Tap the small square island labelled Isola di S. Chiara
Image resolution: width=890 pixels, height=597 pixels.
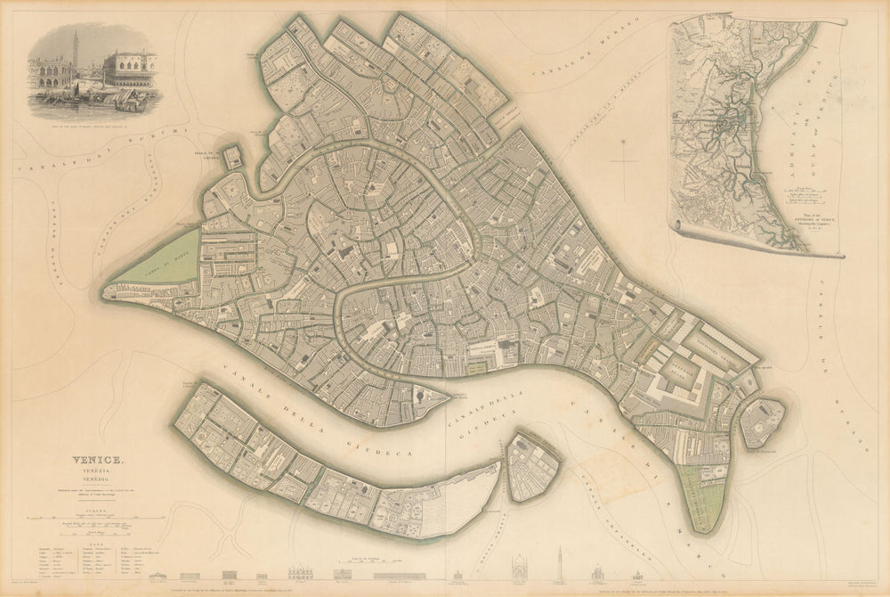click(x=231, y=158)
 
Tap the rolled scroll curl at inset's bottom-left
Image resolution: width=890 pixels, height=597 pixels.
click(x=681, y=229)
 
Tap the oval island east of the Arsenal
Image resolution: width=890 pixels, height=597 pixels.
click(x=763, y=422)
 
